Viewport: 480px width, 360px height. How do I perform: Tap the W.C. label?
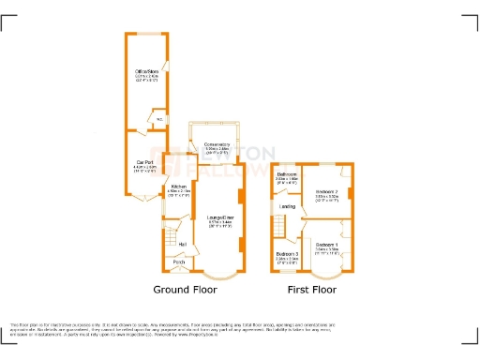tap(158, 118)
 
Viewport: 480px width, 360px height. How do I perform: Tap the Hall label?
tap(181, 245)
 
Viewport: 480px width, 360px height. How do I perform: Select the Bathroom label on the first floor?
tap(287, 175)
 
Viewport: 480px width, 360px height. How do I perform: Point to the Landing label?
tap(288, 206)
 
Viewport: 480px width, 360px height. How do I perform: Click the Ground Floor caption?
tap(186, 291)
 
